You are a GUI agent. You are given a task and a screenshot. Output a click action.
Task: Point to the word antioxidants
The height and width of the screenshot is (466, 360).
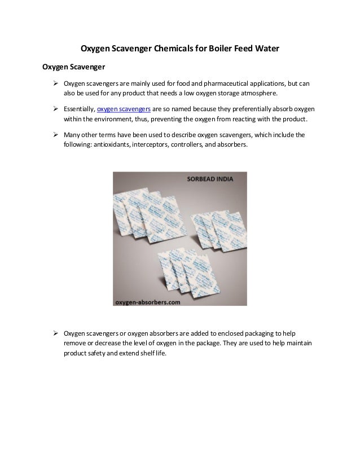[106, 146]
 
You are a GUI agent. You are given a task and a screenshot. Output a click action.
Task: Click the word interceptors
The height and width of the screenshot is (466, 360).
[150, 146]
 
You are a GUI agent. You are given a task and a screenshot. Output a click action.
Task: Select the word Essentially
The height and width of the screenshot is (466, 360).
[80, 109]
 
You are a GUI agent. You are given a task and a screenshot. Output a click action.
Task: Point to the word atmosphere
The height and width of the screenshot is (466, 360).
[257, 94]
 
